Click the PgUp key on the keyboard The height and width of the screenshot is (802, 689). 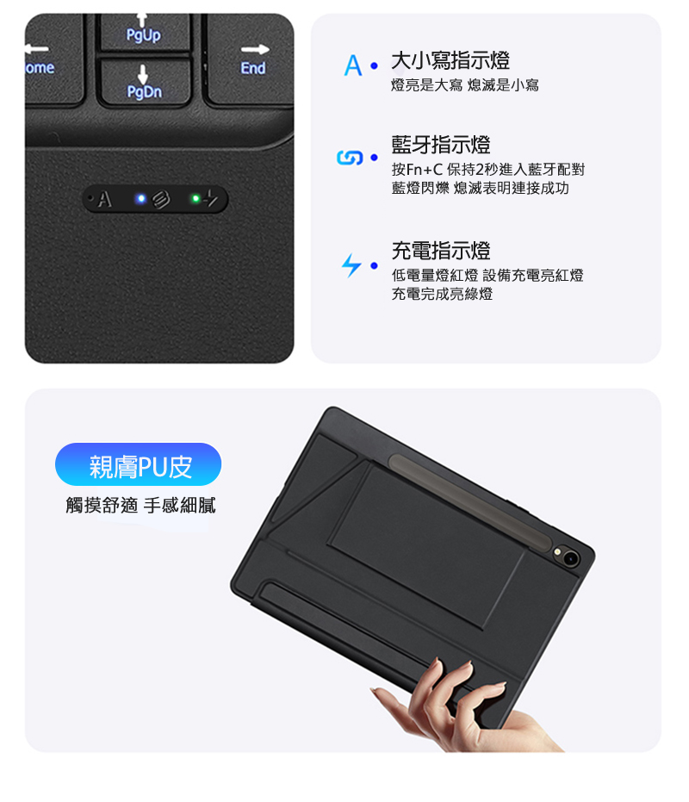pyautogui.click(x=144, y=32)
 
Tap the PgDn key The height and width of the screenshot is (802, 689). pyautogui.click(x=145, y=82)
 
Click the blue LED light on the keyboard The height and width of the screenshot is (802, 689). pyautogui.click(x=141, y=198)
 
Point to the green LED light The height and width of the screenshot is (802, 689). pyautogui.click(x=196, y=198)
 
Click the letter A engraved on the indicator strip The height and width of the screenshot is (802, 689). pyautogui.click(x=104, y=199)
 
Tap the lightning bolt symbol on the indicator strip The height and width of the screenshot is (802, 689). pyautogui.click(x=211, y=198)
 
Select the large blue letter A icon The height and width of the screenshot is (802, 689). pyautogui.click(x=353, y=65)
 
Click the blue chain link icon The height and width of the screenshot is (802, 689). pyautogui.click(x=350, y=158)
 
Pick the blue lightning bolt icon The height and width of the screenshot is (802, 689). pyautogui.click(x=351, y=265)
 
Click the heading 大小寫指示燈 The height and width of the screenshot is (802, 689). pyautogui.click(x=450, y=60)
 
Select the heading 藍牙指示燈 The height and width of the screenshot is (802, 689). pyautogui.click(x=441, y=145)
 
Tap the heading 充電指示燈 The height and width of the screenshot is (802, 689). pyautogui.click(x=441, y=251)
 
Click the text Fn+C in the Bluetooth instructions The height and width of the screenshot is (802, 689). pyautogui.click(x=424, y=170)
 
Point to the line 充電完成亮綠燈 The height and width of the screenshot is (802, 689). pyautogui.click(x=442, y=294)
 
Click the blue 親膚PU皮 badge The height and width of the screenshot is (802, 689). pyautogui.click(x=138, y=464)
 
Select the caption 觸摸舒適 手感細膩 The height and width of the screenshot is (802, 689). pyautogui.click(x=140, y=506)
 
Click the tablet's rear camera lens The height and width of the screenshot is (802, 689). pyautogui.click(x=570, y=558)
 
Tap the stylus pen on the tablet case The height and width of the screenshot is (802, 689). pyautogui.click(x=469, y=501)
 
